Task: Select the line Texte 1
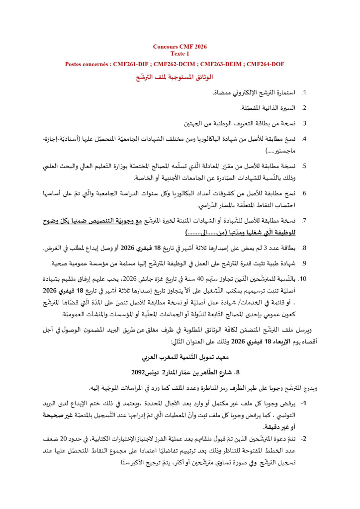pos(180,53)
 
